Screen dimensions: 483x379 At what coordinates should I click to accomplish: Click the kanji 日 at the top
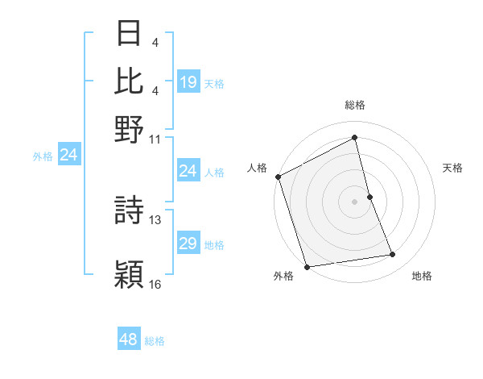tap(130, 34)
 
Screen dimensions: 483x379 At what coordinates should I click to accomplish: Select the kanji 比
tap(130, 81)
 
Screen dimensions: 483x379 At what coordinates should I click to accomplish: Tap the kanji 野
tap(130, 128)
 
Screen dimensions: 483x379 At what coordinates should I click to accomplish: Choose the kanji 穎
tap(130, 274)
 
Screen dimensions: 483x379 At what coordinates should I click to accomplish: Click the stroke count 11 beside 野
tap(155, 138)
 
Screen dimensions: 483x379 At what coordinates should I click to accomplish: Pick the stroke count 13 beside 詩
tap(155, 219)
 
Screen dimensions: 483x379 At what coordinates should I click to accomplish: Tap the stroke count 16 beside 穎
tap(155, 284)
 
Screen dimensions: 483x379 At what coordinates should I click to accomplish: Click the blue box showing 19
tap(188, 81)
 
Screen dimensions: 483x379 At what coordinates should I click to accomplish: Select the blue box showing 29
tap(188, 244)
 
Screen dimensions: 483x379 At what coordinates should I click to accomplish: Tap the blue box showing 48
tap(128, 339)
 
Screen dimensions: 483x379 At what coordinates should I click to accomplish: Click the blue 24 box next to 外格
tap(68, 155)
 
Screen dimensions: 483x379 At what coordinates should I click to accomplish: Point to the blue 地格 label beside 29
tap(214, 244)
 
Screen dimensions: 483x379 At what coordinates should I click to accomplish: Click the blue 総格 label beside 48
tap(155, 340)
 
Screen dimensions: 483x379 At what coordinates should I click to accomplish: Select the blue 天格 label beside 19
tap(214, 83)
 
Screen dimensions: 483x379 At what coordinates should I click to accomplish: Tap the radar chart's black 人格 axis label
tap(258, 168)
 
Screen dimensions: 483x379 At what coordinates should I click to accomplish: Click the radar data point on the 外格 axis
tap(307, 266)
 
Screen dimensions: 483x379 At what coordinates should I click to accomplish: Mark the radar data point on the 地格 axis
tap(393, 255)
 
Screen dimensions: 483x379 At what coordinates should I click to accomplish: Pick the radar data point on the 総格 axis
tap(355, 138)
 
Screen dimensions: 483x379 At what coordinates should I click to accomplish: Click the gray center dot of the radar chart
tap(355, 201)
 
